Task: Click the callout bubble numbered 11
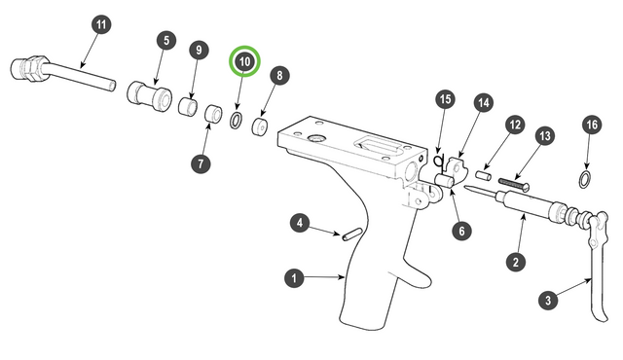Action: (x=101, y=24)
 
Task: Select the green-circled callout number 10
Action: (x=244, y=61)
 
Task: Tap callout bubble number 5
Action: (x=166, y=40)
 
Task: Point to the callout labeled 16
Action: (x=592, y=125)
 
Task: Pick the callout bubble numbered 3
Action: (x=548, y=300)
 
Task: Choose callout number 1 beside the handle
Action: (x=294, y=278)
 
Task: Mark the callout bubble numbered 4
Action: (x=300, y=223)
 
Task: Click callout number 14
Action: (x=483, y=103)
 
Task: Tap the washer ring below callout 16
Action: (x=584, y=180)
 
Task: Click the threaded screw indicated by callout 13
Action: (x=515, y=184)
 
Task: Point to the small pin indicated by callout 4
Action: (x=351, y=234)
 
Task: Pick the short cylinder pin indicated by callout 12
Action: (x=484, y=175)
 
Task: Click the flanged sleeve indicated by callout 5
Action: (x=150, y=96)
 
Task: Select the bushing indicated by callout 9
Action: (x=188, y=106)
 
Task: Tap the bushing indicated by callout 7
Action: (x=214, y=113)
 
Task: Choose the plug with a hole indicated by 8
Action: (x=260, y=126)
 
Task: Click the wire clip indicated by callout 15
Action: (x=439, y=162)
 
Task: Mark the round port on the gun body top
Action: (x=316, y=138)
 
